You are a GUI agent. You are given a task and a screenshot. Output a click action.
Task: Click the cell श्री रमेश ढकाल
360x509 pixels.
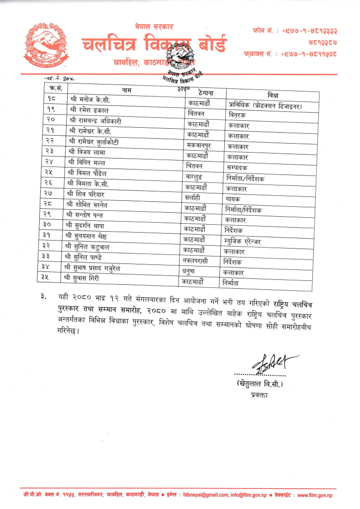point(88,109)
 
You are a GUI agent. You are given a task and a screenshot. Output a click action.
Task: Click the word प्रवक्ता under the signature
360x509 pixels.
point(261,395)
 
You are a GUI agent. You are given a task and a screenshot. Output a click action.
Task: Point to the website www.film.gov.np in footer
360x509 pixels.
point(315,495)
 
